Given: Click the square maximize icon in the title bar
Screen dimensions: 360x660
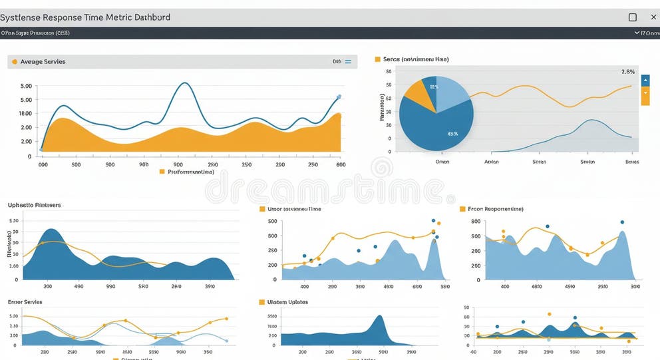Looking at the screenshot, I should [x=633, y=17].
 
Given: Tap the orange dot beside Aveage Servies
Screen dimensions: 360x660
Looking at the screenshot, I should [x=14, y=62].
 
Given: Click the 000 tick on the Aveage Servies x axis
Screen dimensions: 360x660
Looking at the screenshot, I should [x=43, y=164].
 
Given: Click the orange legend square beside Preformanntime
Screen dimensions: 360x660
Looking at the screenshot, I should [x=162, y=172].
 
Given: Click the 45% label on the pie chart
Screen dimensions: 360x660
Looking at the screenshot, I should [x=452, y=134].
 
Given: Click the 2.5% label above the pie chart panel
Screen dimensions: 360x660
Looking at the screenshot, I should [x=627, y=71].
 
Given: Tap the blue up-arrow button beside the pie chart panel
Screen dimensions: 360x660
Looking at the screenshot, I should [x=645, y=81].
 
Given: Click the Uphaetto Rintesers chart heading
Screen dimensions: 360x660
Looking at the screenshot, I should [x=34, y=205].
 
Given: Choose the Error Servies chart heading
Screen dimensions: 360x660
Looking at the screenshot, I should [x=25, y=302].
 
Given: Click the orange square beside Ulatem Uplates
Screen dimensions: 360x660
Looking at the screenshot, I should [x=261, y=302].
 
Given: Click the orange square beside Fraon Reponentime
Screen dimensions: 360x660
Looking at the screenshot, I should [x=462, y=209].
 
